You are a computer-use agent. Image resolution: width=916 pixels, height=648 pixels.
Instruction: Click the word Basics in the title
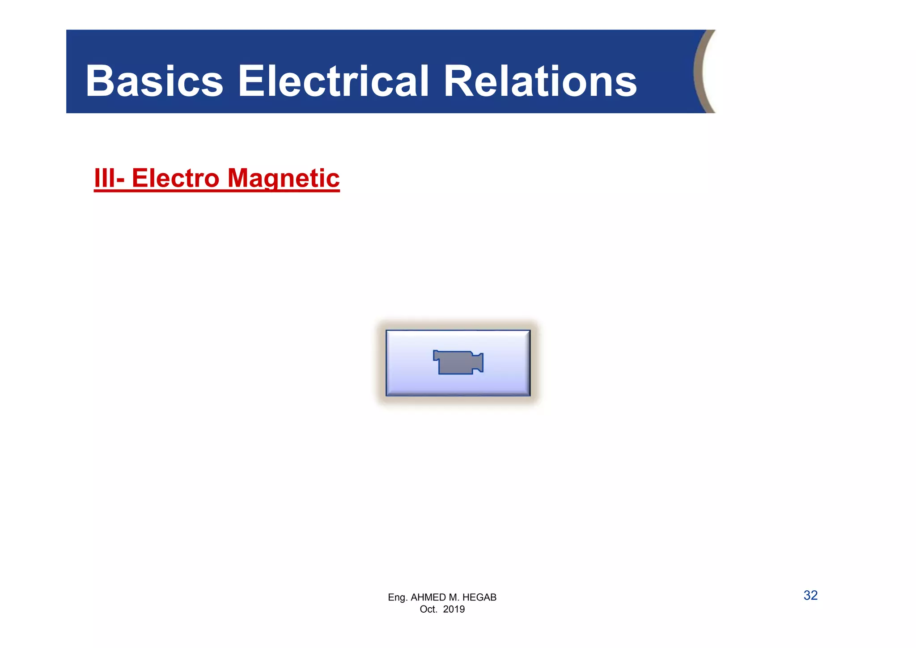154,81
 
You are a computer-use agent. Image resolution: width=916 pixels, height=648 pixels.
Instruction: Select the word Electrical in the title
333,81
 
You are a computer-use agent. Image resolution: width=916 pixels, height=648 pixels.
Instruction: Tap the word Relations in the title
540,81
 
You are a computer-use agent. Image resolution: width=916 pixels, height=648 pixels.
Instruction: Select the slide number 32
810,595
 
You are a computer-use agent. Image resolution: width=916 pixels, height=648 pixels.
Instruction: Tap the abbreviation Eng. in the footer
398,597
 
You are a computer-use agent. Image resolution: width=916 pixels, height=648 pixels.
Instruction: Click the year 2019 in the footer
454,610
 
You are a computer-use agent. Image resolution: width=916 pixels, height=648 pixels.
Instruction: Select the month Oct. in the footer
428,610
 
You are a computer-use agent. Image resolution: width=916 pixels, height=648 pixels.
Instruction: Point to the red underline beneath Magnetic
284,191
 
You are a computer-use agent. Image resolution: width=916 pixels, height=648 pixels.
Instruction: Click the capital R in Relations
458,81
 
